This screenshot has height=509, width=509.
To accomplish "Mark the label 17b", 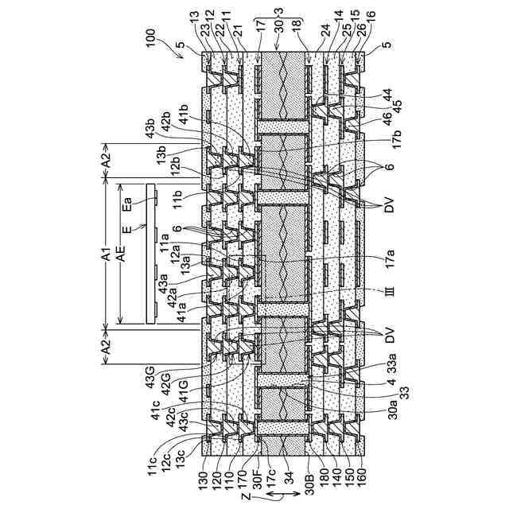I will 390,146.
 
